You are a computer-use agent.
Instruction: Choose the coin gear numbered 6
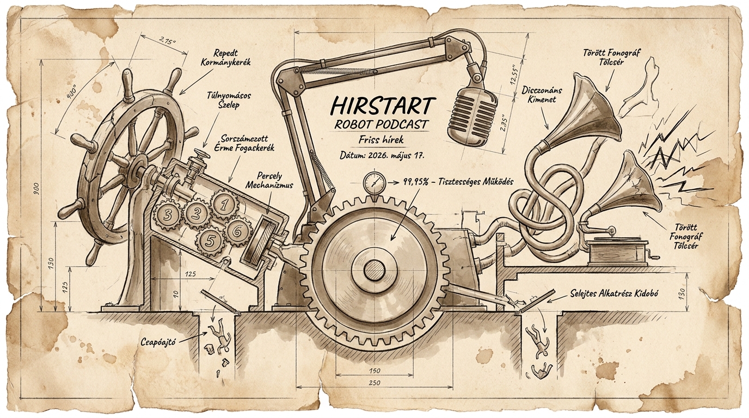[238, 230]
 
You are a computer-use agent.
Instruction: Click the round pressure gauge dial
[374, 182]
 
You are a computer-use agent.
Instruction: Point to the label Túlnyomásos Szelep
[229, 100]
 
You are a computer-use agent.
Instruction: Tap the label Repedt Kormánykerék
[226, 58]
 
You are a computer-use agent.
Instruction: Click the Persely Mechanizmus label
[269, 181]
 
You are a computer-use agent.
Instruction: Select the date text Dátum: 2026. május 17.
[382, 156]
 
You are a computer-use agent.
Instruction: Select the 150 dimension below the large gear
[374, 371]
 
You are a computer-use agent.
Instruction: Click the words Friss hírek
[381, 139]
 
